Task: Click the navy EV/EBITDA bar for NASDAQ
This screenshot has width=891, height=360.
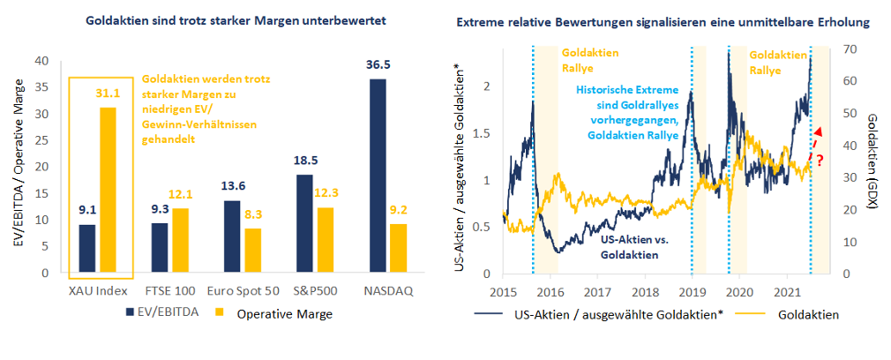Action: (x=377, y=176)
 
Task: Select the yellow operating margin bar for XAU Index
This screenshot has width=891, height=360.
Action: (x=107, y=190)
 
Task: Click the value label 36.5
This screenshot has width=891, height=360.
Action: (x=377, y=65)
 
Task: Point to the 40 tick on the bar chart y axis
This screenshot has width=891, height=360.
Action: (x=42, y=61)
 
